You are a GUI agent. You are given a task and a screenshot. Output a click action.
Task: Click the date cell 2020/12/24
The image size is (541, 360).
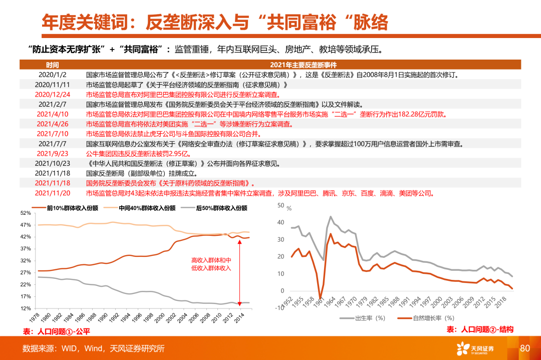53,94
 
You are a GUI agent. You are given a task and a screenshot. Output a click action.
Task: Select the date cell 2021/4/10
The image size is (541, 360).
53,114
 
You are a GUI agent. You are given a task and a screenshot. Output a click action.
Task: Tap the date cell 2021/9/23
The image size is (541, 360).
53,153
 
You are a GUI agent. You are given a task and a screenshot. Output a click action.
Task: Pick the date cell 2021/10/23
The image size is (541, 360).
53,163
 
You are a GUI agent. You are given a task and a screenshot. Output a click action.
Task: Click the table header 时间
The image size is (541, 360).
52,65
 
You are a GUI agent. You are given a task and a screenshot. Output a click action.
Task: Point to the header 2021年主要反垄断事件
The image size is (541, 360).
303,65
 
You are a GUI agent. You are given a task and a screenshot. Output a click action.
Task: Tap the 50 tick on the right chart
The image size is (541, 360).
281,205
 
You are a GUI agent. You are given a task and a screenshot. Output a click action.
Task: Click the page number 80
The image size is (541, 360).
525,348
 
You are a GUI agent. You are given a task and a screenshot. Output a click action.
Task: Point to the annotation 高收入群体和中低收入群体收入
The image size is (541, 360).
211,264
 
